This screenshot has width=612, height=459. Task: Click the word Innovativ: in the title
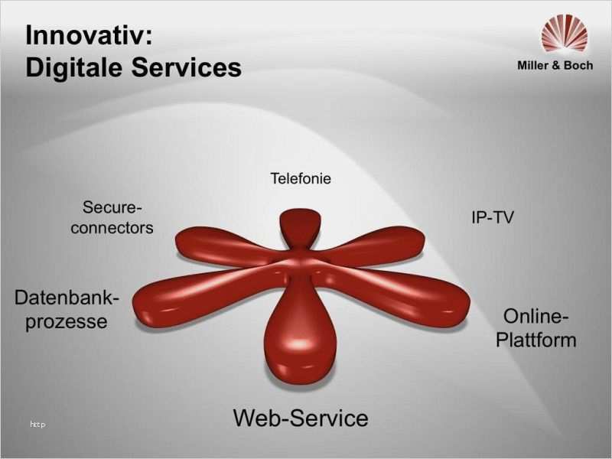pos(89,35)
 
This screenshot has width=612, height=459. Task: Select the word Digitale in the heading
pos(73,67)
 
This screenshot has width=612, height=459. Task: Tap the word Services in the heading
pos(187,67)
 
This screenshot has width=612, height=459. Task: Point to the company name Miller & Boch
pos(555,65)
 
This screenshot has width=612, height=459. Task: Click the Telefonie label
pos(301,178)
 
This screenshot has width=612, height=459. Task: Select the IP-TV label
pos(493,217)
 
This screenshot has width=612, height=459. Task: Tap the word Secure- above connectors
pos(112,207)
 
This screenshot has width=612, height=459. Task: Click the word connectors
pos(112,228)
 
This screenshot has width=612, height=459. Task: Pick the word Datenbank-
pos(67,298)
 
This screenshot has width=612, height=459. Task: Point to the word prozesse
pos(67,322)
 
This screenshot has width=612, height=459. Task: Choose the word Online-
pos(536,316)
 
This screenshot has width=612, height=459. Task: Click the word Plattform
pos(536,340)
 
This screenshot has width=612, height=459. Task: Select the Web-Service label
pos(301,418)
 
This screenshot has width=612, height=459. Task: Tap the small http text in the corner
pos(37,425)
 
